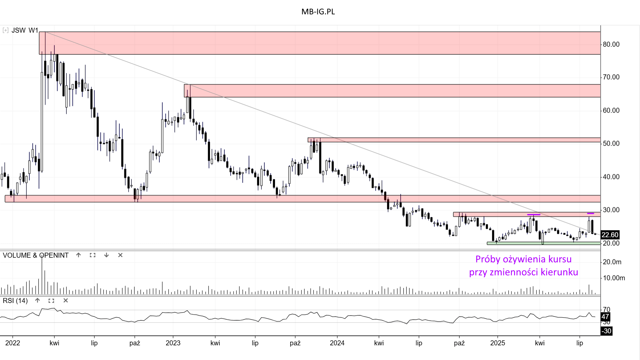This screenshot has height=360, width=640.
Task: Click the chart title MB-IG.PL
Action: tap(318, 12)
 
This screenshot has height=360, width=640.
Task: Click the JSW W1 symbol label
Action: tap(25, 30)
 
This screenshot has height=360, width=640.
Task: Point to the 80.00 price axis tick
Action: tap(611, 44)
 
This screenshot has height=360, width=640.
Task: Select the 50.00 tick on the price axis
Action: tap(611, 144)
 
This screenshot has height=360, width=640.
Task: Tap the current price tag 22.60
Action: tap(610, 235)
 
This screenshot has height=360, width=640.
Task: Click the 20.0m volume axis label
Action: tap(612, 262)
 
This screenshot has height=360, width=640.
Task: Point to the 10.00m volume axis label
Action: tap(614, 278)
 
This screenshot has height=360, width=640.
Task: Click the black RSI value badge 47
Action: tap(605, 317)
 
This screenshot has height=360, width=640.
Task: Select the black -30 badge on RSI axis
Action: tap(606, 331)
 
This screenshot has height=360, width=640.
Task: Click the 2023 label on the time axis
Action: tap(173, 343)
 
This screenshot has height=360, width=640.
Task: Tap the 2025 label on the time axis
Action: tap(497, 343)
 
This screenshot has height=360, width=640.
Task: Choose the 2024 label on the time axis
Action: tap(337, 343)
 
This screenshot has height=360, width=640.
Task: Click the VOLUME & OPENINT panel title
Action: tap(36, 255)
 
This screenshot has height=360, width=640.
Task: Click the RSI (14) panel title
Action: tap(15, 301)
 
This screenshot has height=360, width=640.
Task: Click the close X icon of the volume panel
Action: tap(120, 255)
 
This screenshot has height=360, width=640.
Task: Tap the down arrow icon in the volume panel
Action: tap(106, 255)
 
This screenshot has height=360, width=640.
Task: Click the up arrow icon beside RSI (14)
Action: tap(37, 301)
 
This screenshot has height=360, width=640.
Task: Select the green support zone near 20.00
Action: tap(543, 243)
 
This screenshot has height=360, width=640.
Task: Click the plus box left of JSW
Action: tap(5, 30)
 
